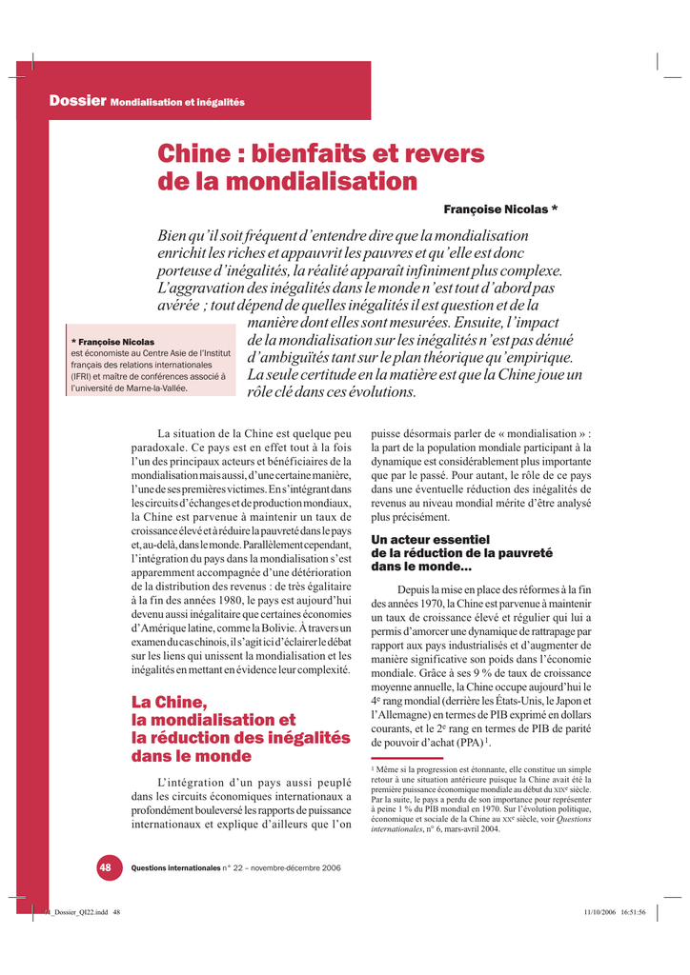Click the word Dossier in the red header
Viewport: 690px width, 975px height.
[x=77, y=101]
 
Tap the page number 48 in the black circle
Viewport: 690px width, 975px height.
[x=105, y=867]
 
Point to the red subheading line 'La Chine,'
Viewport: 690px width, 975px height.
[x=169, y=703]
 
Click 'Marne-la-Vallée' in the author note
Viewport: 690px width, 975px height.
[x=176, y=389]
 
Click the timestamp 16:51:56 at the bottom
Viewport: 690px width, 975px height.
[x=628, y=912]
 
